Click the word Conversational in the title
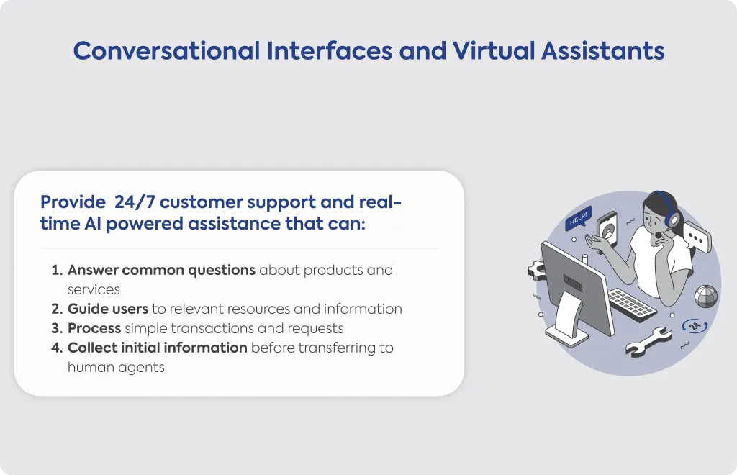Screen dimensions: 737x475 [x=166, y=51]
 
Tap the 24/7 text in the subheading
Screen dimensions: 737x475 [x=135, y=202]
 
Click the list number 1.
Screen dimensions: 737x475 [x=57, y=270]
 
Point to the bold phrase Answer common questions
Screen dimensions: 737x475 [x=162, y=271]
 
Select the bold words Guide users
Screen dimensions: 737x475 [x=108, y=309]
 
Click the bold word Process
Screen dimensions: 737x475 [x=94, y=328]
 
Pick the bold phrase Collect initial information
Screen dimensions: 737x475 [x=158, y=348]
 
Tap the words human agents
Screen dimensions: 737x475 [x=116, y=368]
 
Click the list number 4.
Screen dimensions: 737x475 [x=57, y=348]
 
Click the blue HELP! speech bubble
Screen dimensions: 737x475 [x=578, y=218]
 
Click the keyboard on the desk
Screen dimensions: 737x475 [x=632, y=304]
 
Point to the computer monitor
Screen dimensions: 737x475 [x=576, y=291]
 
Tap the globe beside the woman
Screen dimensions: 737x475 [x=707, y=297]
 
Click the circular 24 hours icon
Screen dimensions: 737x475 [x=695, y=325]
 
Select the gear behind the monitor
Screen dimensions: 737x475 [x=537, y=271]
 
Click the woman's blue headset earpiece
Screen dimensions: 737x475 [x=673, y=219]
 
